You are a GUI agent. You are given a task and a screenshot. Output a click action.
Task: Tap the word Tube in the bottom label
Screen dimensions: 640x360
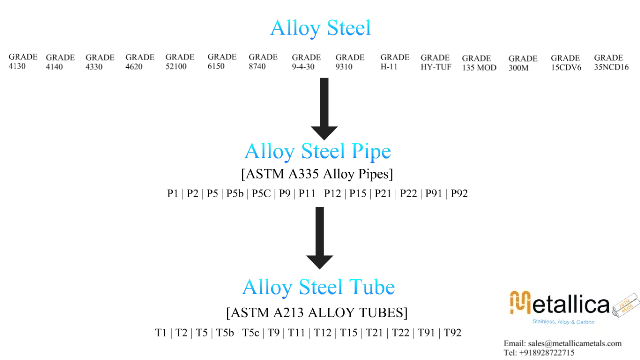[374, 288]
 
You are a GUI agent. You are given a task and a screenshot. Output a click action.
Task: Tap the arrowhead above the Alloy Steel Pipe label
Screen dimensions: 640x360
[326, 131]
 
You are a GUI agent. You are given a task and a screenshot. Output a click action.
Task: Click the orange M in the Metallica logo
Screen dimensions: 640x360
[520, 301]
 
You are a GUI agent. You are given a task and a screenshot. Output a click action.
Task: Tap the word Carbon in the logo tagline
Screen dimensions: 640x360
[587, 322]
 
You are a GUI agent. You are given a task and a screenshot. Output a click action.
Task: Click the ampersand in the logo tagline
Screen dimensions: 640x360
[574, 322]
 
